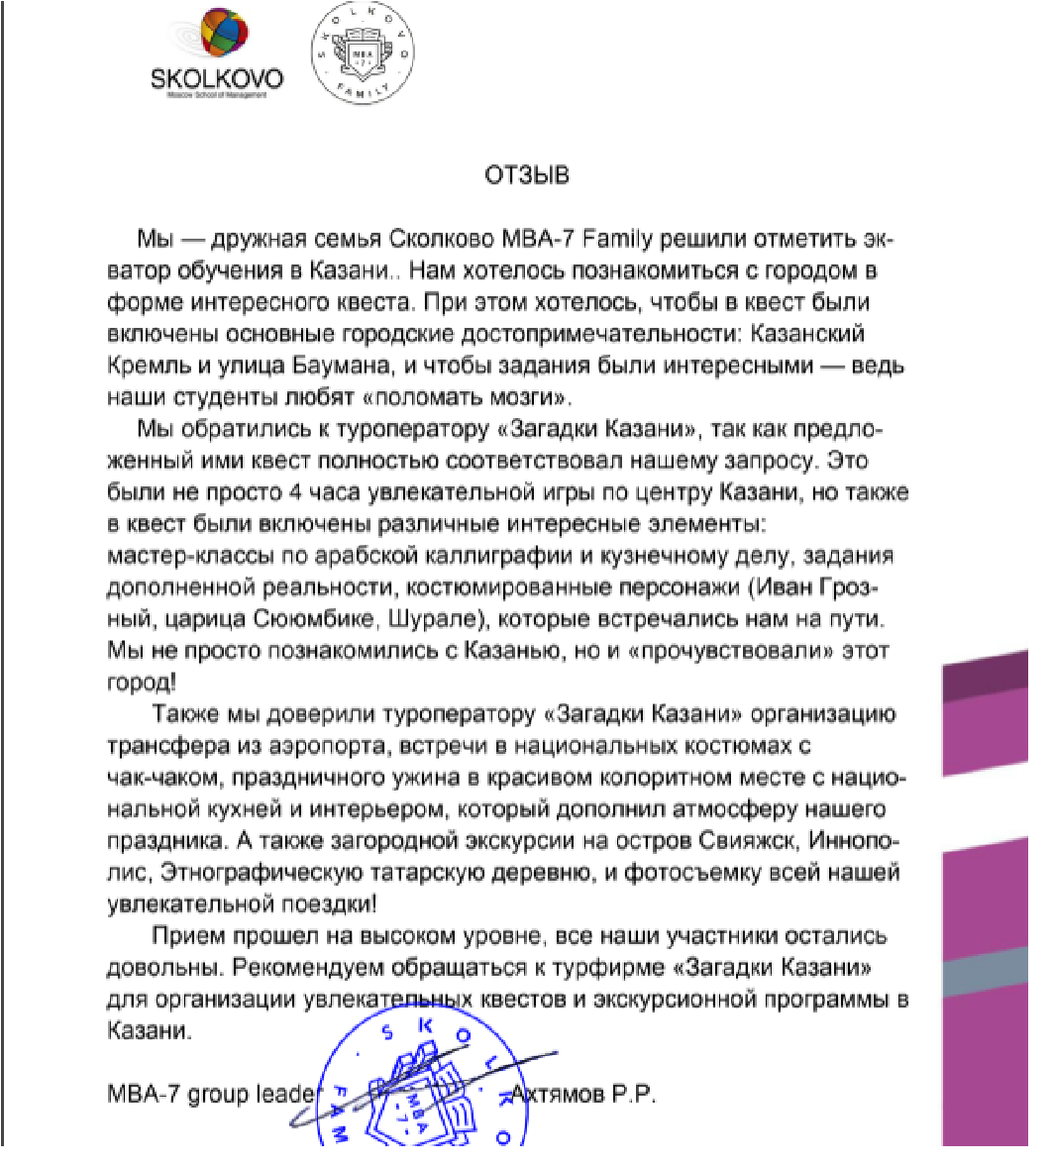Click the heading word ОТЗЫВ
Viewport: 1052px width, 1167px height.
(x=526, y=176)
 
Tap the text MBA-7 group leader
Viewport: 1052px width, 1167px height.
(x=210, y=1096)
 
